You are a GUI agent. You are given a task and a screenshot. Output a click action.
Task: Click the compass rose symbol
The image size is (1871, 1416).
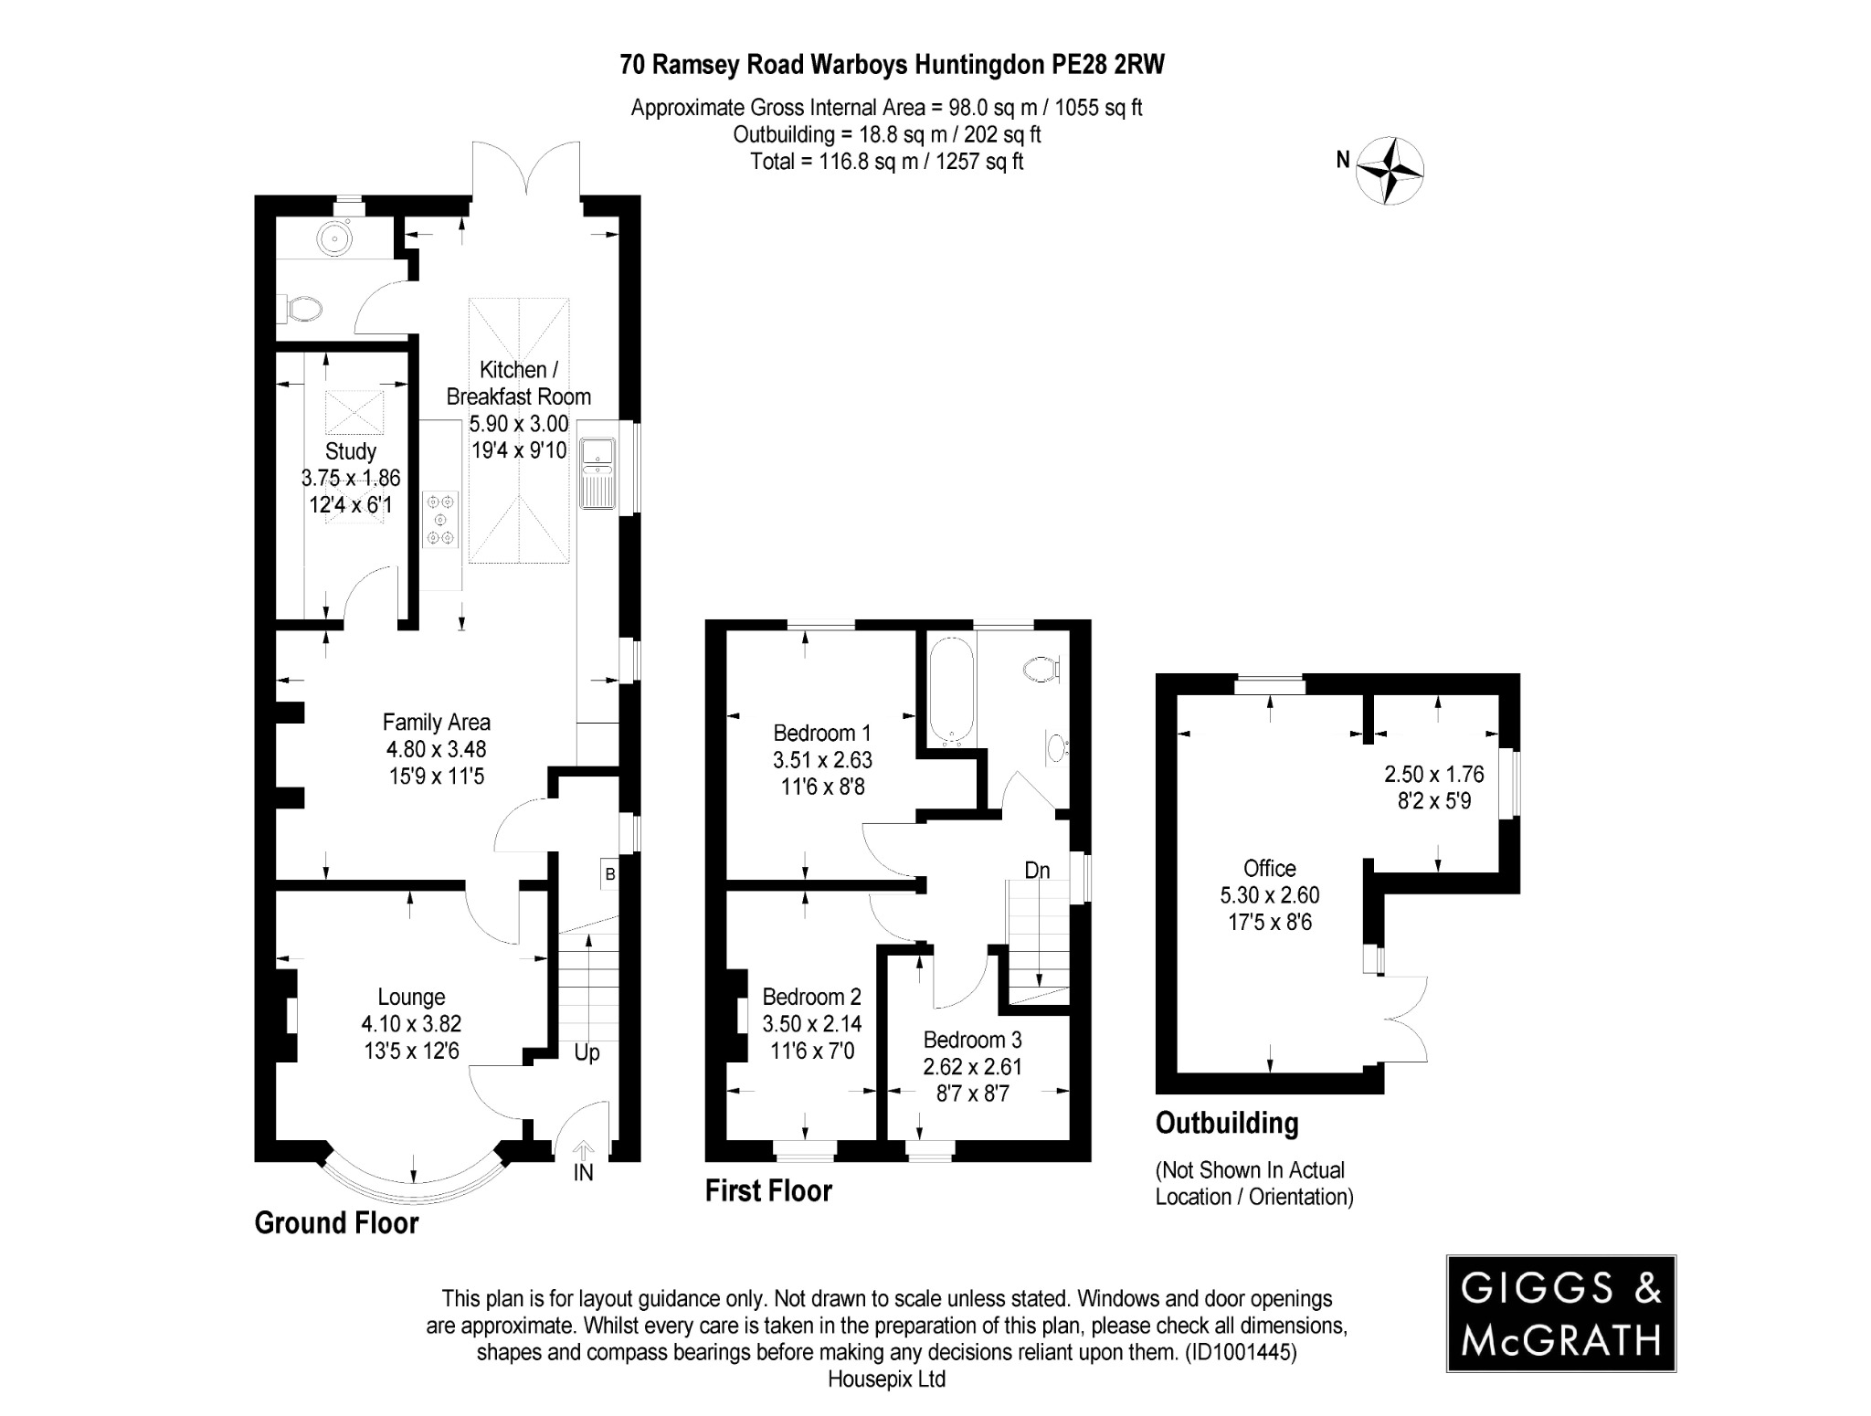[1390, 171]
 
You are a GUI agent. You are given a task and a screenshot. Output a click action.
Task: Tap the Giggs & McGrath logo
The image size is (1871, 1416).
[1560, 1313]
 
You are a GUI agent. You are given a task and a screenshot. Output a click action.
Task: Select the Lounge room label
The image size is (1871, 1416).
[411, 998]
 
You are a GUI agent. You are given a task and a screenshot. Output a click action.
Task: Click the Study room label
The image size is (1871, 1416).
[351, 451]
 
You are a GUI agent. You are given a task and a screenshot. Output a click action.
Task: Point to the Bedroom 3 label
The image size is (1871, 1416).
[972, 1040]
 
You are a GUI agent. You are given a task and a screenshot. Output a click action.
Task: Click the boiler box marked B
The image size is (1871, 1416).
[609, 874]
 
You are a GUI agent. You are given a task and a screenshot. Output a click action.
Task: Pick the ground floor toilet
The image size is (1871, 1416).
[301, 309]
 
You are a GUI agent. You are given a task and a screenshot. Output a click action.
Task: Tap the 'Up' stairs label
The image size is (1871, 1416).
[587, 1052]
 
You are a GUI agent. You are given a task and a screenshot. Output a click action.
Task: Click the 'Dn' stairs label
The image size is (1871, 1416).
[1037, 871]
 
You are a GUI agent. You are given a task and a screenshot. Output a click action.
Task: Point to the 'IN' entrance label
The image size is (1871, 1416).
[583, 1172]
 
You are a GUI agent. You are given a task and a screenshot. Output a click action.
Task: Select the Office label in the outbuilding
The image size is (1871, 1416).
[1269, 868]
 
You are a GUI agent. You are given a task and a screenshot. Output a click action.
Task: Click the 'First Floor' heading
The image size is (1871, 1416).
[768, 1191]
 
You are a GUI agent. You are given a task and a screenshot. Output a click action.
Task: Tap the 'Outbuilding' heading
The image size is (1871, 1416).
[1226, 1123]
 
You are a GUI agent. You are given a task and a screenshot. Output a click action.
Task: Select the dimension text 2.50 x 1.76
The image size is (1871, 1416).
[1433, 775]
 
